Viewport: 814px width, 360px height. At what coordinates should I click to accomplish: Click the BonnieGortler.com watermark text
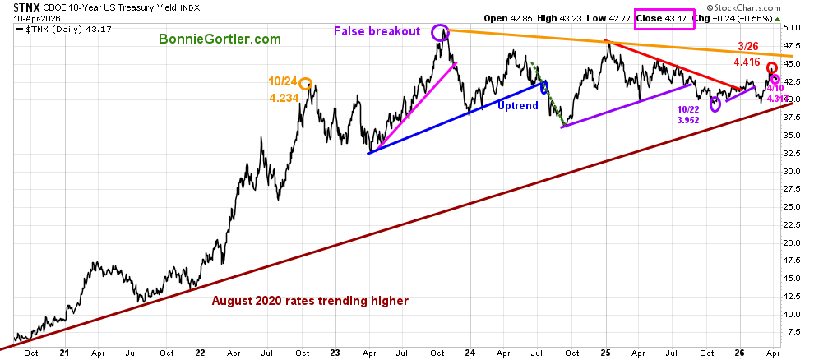click(x=220, y=39)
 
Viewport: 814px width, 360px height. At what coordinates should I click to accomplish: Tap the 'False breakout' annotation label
click(x=377, y=32)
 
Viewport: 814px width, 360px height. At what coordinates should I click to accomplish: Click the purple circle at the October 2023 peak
click(x=441, y=33)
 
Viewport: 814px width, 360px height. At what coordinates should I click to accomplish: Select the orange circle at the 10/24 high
click(x=305, y=83)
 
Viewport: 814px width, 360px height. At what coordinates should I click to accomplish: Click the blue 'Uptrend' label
click(x=520, y=105)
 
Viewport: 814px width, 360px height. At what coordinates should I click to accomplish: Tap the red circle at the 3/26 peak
click(x=772, y=67)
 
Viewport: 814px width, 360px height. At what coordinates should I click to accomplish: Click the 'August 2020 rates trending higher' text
click(x=310, y=301)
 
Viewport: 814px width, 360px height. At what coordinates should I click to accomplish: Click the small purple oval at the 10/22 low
click(x=715, y=104)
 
